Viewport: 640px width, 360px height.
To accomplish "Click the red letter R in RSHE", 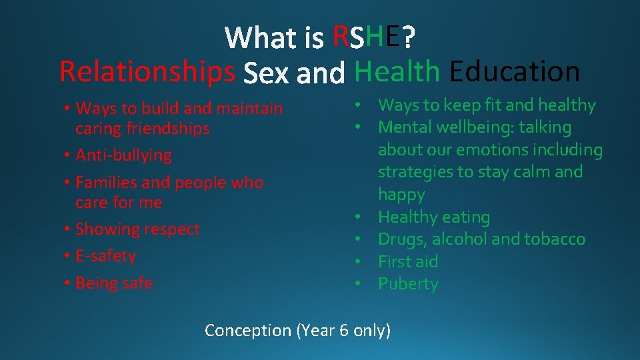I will (340, 37).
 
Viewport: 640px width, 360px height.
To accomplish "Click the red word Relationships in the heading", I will (147, 71).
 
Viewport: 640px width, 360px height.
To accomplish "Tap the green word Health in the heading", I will (397, 71).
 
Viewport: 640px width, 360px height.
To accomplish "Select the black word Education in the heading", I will (515, 71).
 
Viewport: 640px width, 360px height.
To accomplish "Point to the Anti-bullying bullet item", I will (123, 155).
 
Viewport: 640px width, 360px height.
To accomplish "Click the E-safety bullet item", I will (105, 256).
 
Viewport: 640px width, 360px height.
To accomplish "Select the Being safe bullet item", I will (114, 283).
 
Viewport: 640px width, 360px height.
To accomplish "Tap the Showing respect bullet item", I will (137, 229).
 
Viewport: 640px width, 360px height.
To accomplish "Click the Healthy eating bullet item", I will (434, 217).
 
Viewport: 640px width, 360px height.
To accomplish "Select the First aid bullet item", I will (408, 261).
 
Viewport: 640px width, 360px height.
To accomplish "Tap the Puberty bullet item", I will (408, 284).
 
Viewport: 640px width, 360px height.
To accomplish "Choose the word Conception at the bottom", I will (248, 330).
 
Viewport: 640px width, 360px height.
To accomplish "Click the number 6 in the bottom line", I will (344, 329).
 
